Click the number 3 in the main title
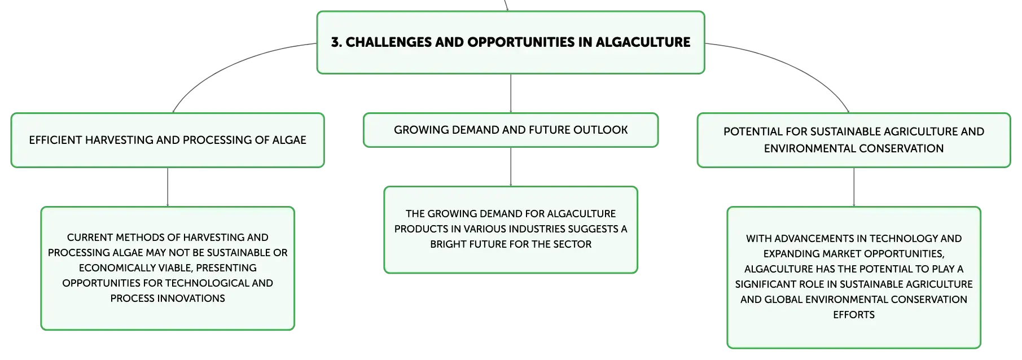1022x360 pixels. pos(335,42)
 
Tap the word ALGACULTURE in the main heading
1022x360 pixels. pos(643,42)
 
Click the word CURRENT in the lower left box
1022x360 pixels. pos(90,238)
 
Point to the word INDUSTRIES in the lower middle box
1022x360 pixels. pos(538,229)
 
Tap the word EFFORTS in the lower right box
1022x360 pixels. pos(854,315)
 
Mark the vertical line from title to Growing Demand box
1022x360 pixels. pos(511,93)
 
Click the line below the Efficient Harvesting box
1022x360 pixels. pos(168,187)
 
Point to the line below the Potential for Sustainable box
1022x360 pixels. pos(854,187)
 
